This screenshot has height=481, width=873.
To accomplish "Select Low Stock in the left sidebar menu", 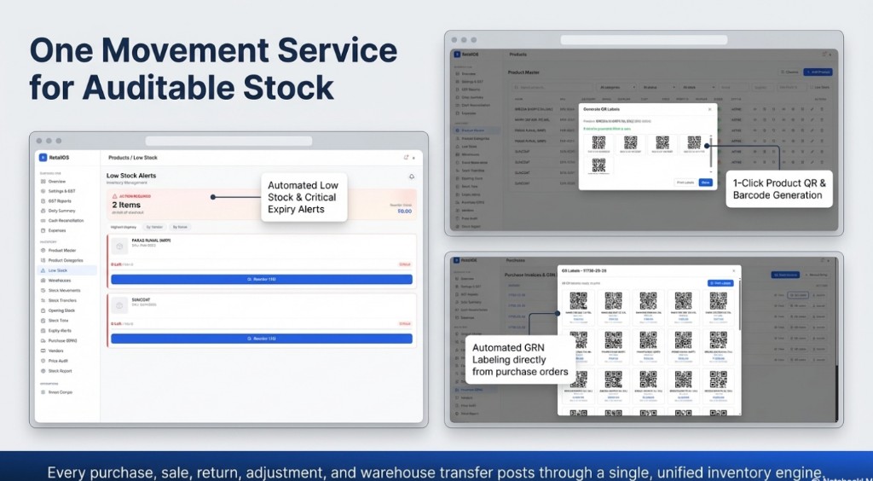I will pyautogui.click(x=59, y=269).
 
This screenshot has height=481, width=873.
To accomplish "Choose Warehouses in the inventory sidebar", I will pyautogui.click(x=60, y=280).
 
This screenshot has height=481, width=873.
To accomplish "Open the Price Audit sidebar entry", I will pyautogui.click(x=59, y=361).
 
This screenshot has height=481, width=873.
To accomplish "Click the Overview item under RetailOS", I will pyautogui.click(x=56, y=182).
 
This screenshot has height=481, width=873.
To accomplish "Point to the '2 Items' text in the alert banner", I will pyautogui.click(x=126, y=205).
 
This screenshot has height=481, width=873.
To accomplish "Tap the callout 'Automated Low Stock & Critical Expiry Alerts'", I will pyautogui.click(x=302, y=197).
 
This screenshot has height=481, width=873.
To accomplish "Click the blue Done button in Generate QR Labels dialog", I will pyautogui.click(x=705, y=183).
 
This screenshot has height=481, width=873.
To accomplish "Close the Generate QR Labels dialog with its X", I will pyautogui.click(x=710, y=109).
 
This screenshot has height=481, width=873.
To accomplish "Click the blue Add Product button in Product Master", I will pyautogui.click(x=816, y=72).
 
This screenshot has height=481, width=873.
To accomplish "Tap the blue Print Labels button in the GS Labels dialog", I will pyautogui.click(x=720, y=282).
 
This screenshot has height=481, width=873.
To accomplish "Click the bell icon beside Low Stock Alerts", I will pyautogui.click(x=412, y=177).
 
